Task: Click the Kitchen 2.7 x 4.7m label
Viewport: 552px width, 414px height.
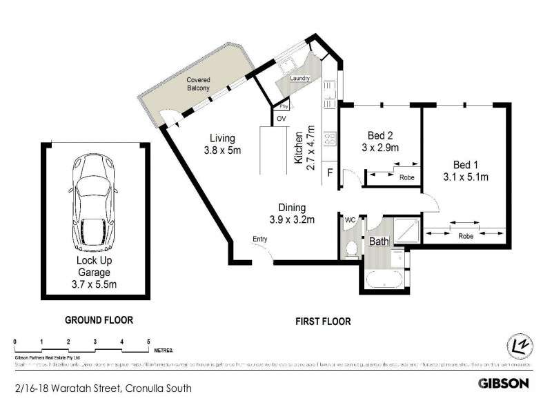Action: point(304,148)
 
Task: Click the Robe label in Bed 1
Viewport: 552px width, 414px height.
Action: point(465,235)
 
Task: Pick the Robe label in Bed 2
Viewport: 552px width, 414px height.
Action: point(407,177)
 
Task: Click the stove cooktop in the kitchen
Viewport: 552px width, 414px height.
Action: point(330,139)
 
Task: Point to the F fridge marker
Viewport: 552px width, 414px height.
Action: point(331,172)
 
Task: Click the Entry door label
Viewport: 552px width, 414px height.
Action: point(259,239)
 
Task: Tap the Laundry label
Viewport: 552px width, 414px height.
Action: point(300,79)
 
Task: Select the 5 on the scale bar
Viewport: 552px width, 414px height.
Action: point(148,342)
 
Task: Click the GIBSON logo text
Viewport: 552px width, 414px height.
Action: point(504,383)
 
